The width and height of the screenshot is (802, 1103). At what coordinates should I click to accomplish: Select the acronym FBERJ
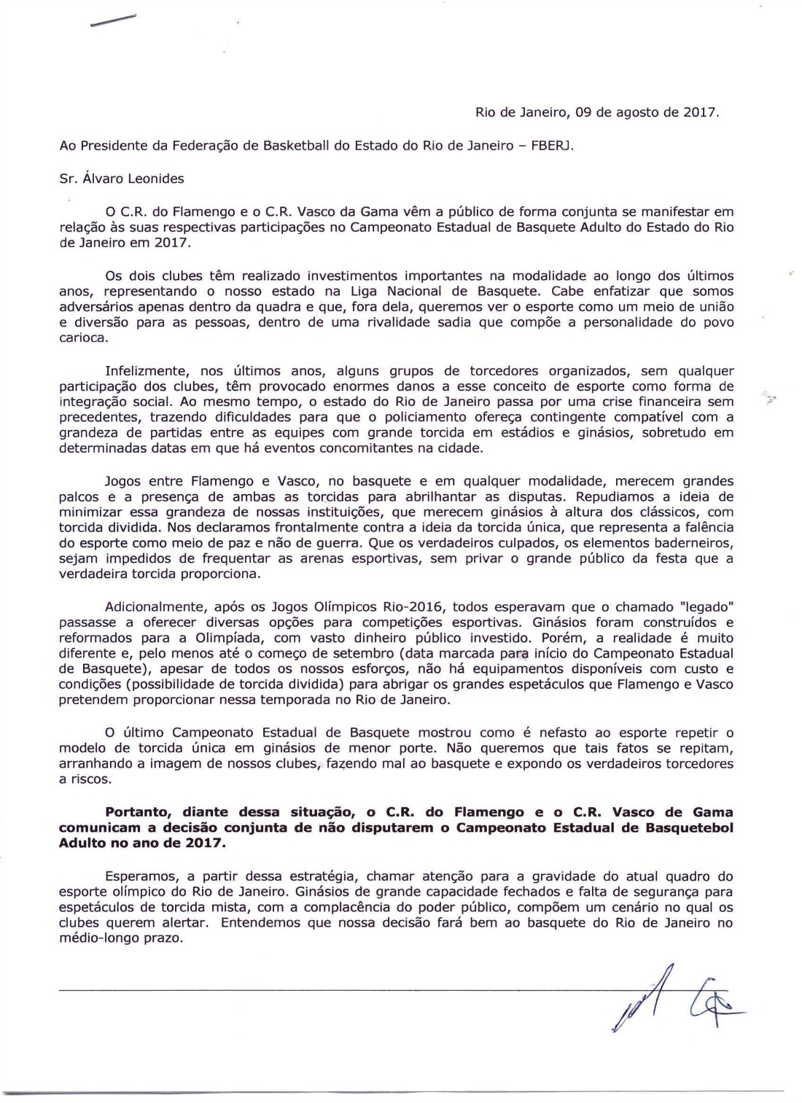(x=552, y=145)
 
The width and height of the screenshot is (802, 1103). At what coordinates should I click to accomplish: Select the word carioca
(x=82, y=338)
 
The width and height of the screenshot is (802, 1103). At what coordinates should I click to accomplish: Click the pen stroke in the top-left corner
(x=113, y=21)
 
